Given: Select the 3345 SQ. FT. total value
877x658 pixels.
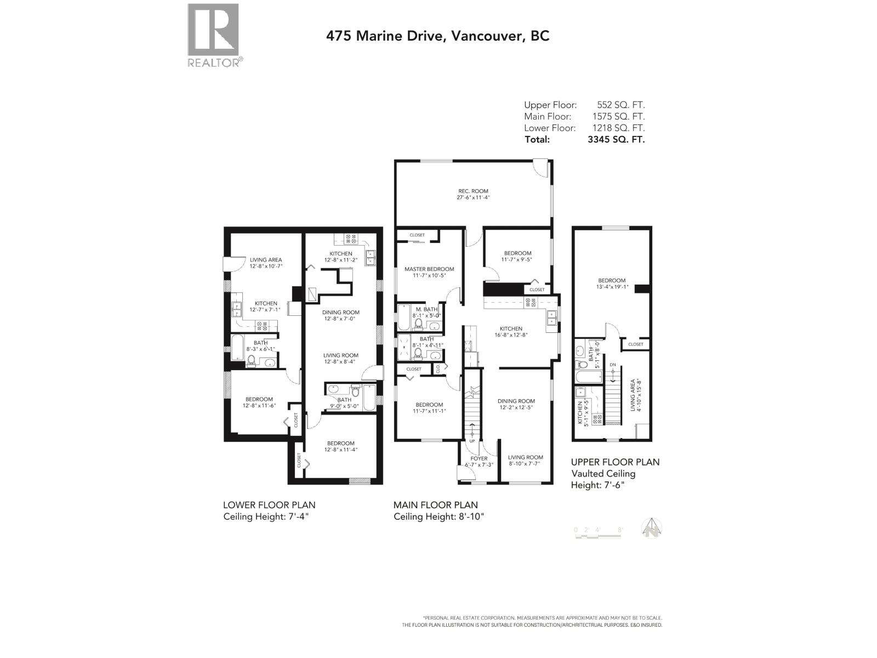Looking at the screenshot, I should coord(616,139).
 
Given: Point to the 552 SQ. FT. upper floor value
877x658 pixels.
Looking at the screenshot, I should coord(620,105).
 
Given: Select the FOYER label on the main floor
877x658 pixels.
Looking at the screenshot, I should coord(479,459).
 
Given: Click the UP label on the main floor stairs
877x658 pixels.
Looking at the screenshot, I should coord(472,440).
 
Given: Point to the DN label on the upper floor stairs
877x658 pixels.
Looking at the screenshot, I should coord(613,365).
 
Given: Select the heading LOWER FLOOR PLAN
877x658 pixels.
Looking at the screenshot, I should coord(269,505).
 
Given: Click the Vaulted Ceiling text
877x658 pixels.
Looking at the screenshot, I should coord(603,474).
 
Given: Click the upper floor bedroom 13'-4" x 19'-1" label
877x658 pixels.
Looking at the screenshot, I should coord(611,283).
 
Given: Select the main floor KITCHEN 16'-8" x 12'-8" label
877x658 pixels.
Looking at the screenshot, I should coord(510,332).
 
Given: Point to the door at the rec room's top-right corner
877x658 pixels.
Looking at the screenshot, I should coord(541,167).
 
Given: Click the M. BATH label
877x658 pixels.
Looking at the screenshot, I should coord(426,310).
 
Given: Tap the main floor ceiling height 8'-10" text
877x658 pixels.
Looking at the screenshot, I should coord(438,517).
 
